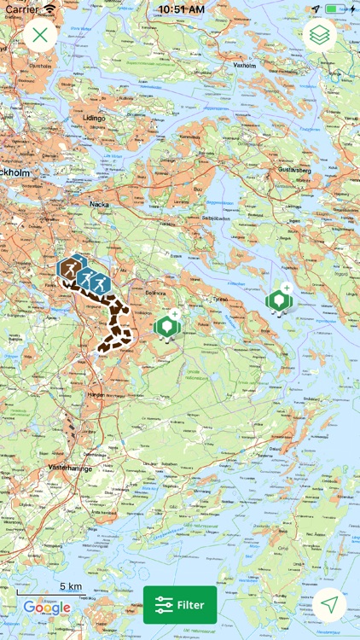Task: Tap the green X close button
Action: (x=40, y=35)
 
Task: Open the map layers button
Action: (x=319, y=35)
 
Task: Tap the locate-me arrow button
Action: (x=329, y=605)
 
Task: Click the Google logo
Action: (x=47, y=608)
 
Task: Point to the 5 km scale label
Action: (x=71, y=586)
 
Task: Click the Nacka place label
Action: (x=101, y=205)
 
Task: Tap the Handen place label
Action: (x=96, y=395)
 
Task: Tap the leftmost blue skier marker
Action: (x=68, y=268)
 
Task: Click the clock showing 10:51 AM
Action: (x=179, y=9)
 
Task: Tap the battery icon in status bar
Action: (x=340, y=9)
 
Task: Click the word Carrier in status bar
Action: (x=21, y=9)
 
